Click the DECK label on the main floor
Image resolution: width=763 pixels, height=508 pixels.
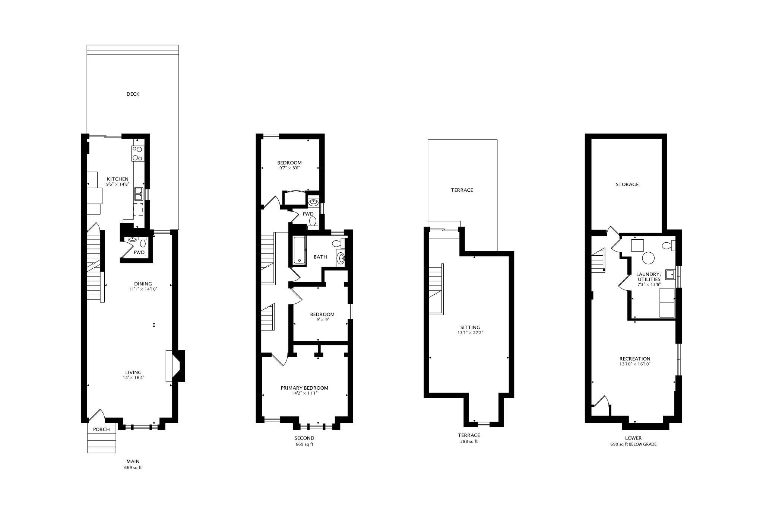point(133,94)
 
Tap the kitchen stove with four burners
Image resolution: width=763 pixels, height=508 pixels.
point(137,153)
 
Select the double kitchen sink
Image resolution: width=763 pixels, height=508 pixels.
point(139,194)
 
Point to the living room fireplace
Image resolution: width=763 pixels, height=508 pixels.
point(175,366)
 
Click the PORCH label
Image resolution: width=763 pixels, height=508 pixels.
point(101,429)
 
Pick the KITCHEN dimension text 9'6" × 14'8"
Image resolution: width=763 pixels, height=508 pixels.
point(117,184)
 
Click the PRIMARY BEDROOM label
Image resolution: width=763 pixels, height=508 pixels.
point(304,388)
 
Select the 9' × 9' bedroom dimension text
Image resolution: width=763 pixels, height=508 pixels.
point(322,319)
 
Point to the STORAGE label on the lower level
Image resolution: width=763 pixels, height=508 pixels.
point(627,184)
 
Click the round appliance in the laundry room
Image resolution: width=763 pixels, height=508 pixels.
point(648,258)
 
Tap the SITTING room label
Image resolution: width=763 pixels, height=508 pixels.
point(470,328)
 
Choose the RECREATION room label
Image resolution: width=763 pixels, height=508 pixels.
point(635,359)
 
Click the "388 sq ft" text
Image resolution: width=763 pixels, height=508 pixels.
point(469,442)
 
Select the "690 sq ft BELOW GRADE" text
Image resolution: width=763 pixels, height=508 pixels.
point(633,444)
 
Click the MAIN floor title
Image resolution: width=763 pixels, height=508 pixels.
point(133,461)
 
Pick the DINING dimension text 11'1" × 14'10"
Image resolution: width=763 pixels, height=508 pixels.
point(143,289)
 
